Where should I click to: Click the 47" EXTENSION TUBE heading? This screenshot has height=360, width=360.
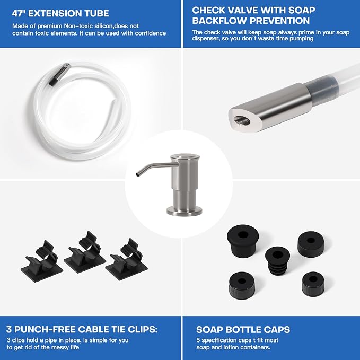point(60,13)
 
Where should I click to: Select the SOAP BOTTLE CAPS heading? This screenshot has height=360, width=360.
point(243,330)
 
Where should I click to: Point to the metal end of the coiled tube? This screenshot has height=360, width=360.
point(60,74)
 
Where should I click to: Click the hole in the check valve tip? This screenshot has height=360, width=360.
point(242,120)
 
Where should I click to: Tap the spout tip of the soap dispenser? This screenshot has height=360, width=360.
point(138,174)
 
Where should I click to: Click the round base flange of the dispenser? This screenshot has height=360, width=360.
point(185,211)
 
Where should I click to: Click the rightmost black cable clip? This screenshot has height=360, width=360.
point(126,260)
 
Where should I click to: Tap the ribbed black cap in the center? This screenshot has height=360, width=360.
point(277,260)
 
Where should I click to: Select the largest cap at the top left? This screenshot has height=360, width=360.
point(243,241)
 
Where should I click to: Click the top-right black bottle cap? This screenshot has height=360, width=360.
point(311,244)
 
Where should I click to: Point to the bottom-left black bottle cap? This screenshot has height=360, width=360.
point(242,285)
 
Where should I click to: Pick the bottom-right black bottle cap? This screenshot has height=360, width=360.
point(313,284)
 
